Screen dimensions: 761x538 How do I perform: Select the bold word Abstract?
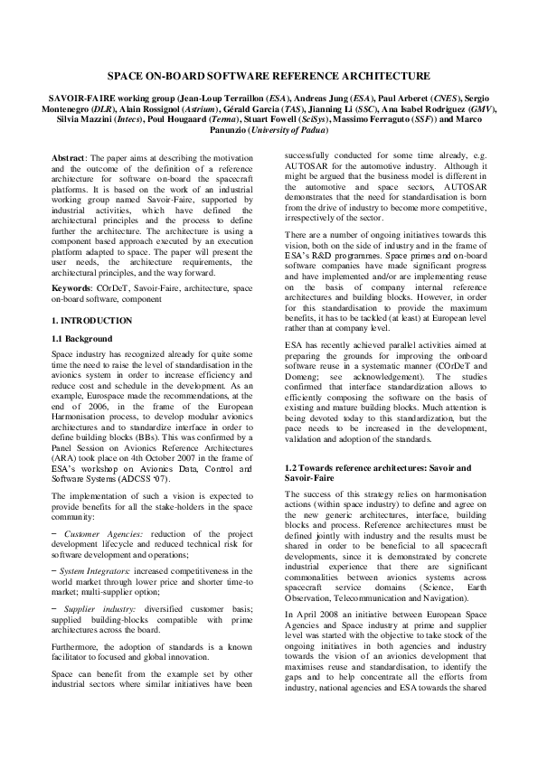point(68,157)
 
